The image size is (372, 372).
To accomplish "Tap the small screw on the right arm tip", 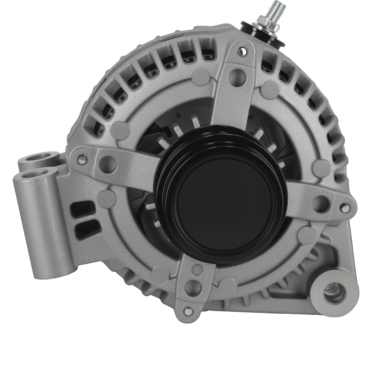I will (345, 209).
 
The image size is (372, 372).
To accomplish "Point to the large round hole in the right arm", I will (319, 203).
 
